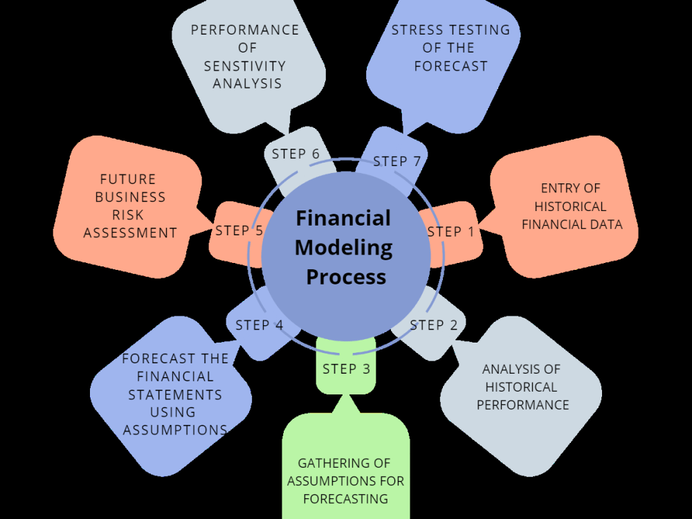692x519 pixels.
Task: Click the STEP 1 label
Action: tap(451, 232)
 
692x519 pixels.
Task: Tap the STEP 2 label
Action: tap(434, 325)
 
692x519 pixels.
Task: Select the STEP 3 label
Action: tap(347, 369)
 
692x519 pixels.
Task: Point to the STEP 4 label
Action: tap(259, 325)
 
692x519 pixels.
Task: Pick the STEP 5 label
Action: tap(239, 230)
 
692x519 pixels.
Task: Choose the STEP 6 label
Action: tap(295, 154)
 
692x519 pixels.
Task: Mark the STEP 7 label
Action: tap(397, 161)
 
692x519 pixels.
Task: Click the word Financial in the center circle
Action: tap(343, 218)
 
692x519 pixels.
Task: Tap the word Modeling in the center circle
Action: tap(344, 247)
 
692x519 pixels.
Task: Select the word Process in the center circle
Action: tap(346, 277)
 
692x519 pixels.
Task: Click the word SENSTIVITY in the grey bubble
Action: tap(244, 66)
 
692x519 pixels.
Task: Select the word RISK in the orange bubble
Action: tap(130, 215)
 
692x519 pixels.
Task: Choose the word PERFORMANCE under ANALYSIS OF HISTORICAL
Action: tap(522, 405)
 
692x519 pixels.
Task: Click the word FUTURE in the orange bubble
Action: tap(128, 179)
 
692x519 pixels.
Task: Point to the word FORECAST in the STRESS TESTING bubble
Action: tap(450, 66)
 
